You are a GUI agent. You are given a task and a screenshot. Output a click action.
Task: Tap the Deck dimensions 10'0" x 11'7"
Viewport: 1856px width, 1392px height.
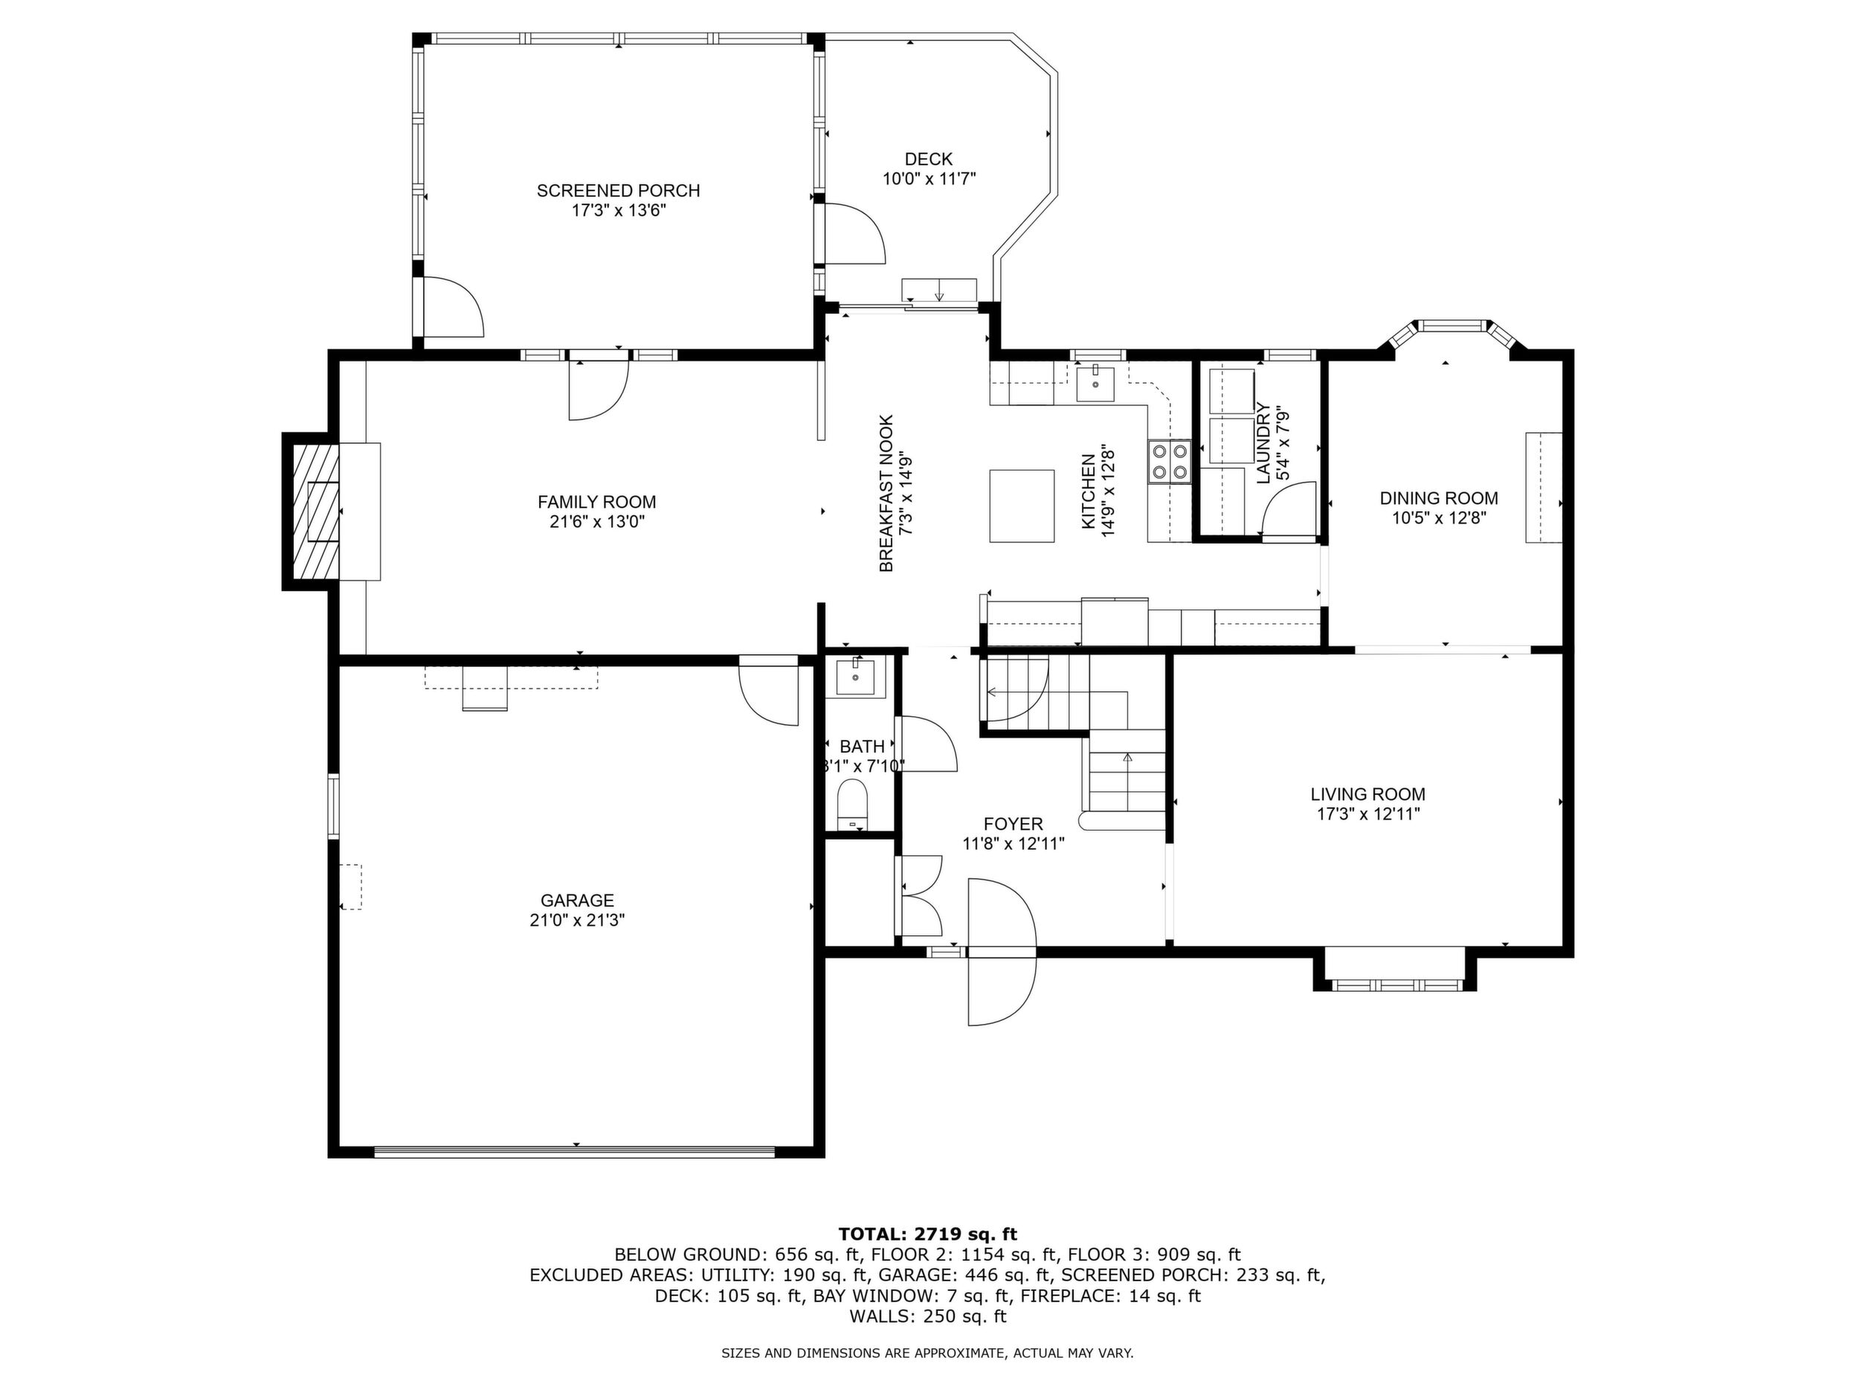(x=929, y=178)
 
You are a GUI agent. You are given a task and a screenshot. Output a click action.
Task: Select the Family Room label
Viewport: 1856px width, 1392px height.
(x=596, y=502)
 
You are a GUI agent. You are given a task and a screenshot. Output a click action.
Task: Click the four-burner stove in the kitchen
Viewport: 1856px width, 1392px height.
(x=1170, y=462)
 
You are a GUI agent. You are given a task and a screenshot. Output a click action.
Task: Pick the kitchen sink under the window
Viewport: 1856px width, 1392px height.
(x=1096, y=384)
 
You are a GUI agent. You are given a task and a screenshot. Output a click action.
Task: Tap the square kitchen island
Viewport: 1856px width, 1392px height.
(x=1021, y=506)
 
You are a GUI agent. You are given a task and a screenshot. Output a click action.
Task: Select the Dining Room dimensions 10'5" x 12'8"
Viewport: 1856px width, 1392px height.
(x=1439, y=518)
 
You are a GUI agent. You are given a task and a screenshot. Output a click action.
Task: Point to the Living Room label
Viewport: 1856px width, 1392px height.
(x=1367, y=793)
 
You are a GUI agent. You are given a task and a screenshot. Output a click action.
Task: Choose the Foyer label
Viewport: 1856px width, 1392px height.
(x=1014, y=824)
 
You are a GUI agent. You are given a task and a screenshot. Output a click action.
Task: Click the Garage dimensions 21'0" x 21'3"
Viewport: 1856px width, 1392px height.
(x=577, y=920)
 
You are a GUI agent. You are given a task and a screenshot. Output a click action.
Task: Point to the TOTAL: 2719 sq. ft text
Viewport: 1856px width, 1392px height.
(x=927, y=1234)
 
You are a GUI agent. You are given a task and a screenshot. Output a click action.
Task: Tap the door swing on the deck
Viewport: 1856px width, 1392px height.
(x=855, y=233)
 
